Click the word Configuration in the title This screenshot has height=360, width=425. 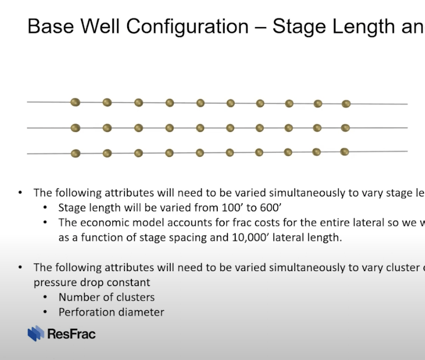point(187,27)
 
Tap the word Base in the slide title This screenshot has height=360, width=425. point(51,26)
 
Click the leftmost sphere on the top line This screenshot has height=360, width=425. point(75,102)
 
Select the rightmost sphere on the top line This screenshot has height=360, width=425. point(346,104)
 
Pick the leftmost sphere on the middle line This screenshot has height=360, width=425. point(75,128)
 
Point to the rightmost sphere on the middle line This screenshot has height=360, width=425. point(346,128)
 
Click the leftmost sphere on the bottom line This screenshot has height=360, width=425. point(76,154)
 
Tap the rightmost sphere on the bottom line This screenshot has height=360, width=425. point(344,152)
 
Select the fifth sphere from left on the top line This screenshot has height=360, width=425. point(200,103)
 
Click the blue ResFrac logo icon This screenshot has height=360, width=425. point(36,333)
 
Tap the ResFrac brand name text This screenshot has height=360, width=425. point(72,334)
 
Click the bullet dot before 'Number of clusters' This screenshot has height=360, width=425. point(45,298)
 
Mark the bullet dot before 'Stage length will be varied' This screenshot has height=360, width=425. point(45,208)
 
